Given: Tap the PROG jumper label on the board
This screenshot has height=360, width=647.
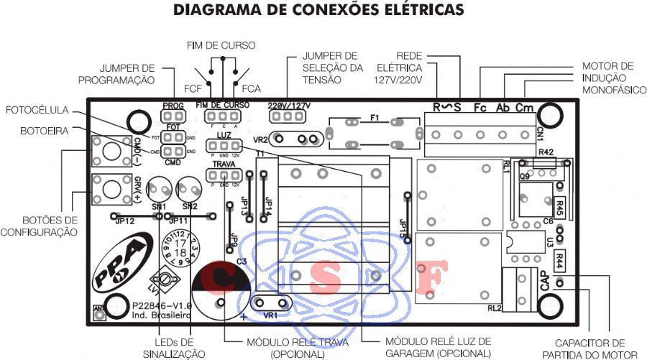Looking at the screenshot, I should tap(173, 105).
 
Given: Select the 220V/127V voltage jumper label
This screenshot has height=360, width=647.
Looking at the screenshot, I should tap(289, 105).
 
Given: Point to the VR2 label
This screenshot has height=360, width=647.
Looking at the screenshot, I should tap(261, 139).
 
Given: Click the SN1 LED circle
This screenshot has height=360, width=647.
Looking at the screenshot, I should tap(159, 190).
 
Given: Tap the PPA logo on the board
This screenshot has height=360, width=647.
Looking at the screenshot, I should tap(115, 263).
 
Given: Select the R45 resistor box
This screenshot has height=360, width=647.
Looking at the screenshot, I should tap(559, 203).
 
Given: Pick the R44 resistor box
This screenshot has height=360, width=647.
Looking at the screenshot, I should tap(559, 258).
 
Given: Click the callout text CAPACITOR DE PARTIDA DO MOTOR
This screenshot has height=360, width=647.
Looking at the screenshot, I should tap(589, 349).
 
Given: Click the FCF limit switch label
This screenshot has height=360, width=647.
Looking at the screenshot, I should tap(192, 89).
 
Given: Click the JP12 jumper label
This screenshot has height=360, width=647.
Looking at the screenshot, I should tap(124, 221).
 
